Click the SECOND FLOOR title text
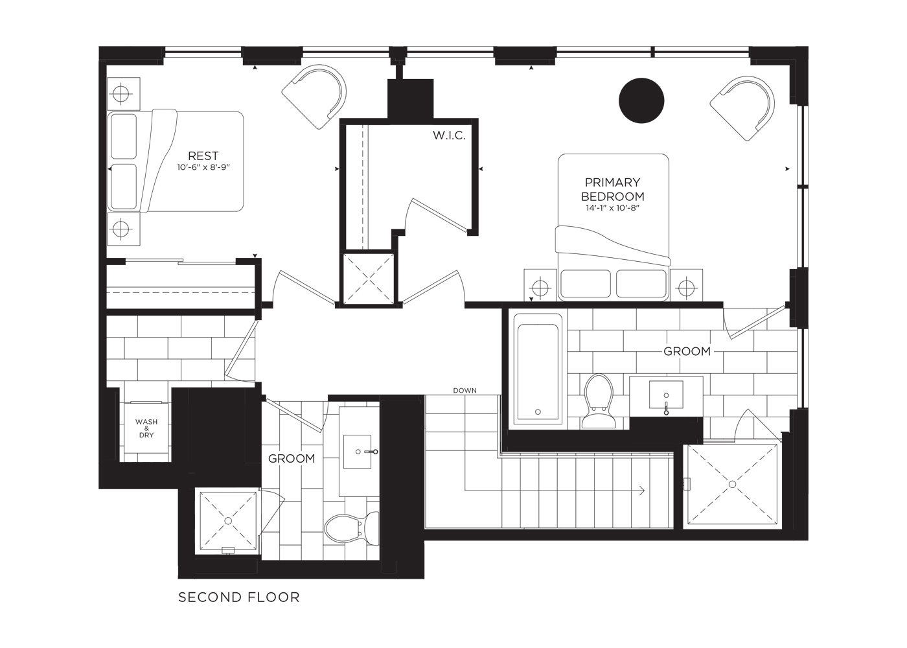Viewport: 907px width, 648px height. [x=239, y=597]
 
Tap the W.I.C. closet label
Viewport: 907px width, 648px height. [x=449, y=135]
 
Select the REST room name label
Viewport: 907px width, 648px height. [x=203, y=156]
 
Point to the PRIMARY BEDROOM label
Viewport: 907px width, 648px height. [x=613, y=189]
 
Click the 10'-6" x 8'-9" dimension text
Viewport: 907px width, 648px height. [x=203, y=167]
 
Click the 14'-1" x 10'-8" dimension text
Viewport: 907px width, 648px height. [x=613, y=208]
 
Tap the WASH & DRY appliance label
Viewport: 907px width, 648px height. [x=146, y=428]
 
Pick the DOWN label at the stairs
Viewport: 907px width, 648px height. [x=465, y=391]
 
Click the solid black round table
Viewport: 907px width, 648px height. [x=641, y=100]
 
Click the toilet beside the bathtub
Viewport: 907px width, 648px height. [x=599, y=401]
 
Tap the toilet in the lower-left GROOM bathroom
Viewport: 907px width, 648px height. [x=351, y=528]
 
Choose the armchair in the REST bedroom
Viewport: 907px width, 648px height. [x=315, y=97]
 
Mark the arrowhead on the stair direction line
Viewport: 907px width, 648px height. [x=642, y=491]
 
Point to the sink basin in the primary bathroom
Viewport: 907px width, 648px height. [x=666, y=395]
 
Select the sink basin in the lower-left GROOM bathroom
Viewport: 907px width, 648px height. [x=357, y=452]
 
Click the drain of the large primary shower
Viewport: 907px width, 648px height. [x=732, y=485]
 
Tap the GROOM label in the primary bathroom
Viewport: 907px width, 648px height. [x=687, y=351]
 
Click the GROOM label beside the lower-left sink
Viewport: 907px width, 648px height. [x=292, y=459]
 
